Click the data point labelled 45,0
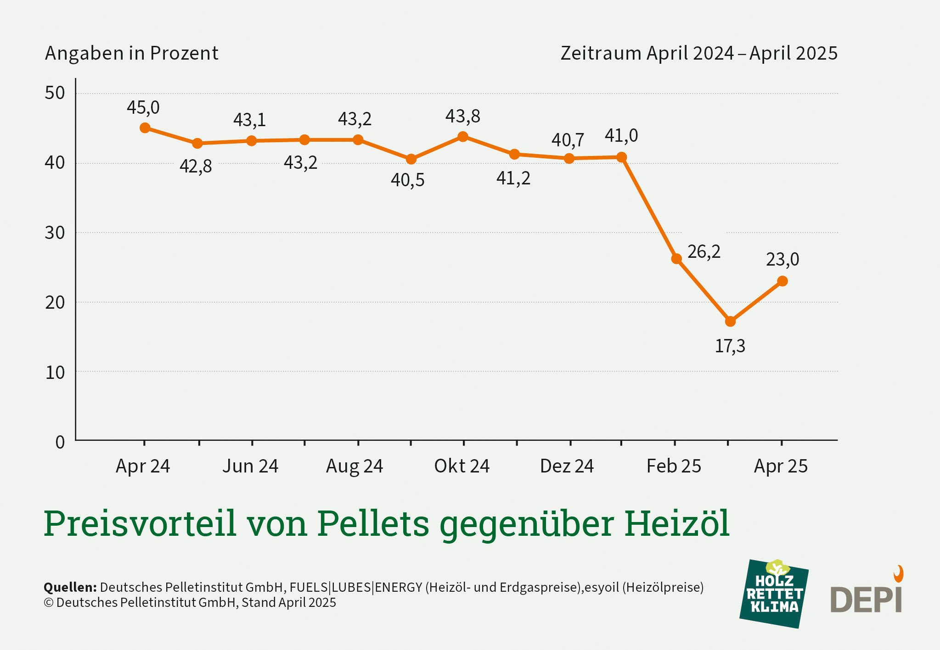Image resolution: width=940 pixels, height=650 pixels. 145,128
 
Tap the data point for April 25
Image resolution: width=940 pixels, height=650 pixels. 782,281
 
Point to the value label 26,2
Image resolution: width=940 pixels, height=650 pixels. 704,252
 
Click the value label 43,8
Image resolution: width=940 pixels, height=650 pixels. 462,117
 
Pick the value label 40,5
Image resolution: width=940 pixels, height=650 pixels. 407,180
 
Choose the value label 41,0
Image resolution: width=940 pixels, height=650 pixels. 621,136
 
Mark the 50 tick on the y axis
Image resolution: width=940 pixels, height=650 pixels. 55,93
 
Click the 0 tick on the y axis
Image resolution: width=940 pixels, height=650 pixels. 60,442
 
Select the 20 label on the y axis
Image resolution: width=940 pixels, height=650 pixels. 55,303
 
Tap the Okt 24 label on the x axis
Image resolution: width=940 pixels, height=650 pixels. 462,466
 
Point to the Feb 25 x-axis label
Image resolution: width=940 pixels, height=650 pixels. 674,466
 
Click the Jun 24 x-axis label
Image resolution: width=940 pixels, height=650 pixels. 250,466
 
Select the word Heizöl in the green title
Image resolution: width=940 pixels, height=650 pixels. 676,523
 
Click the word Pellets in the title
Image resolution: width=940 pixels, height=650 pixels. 373,523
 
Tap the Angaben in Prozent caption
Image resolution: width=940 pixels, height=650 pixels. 131,53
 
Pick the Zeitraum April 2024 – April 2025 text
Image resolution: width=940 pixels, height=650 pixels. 698,53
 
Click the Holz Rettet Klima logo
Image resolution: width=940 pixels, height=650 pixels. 774,594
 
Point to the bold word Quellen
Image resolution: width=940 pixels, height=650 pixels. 70,587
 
